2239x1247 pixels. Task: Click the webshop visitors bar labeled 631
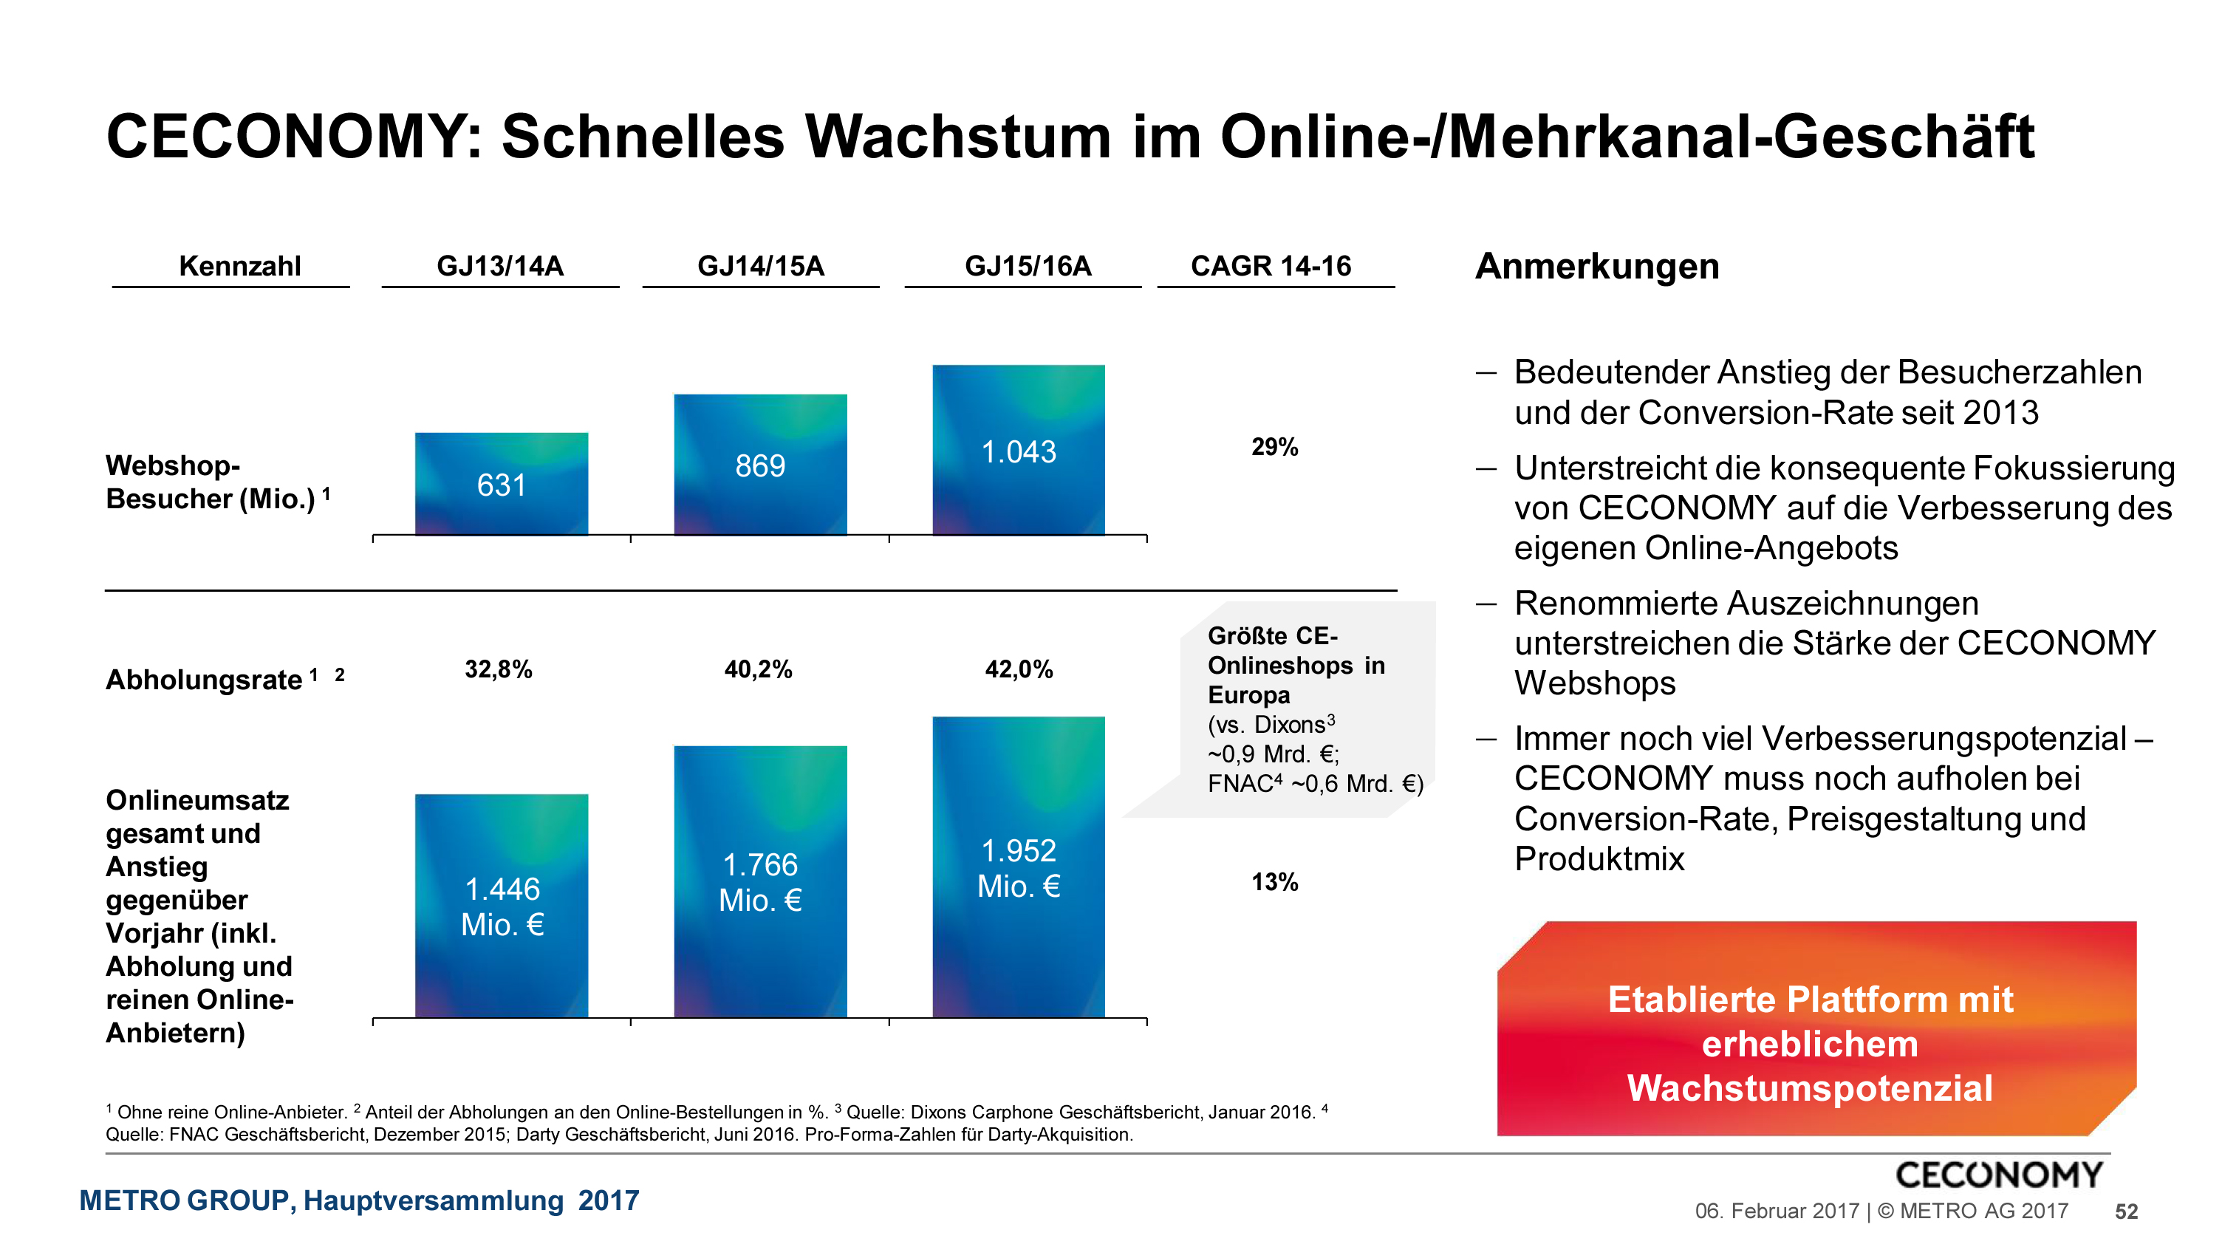(x=502, y=484)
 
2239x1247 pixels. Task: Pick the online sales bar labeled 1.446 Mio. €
(x=502, y=906)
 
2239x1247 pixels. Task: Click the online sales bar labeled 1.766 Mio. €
(x=761, y=881)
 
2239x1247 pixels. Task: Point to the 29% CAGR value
(x=1274, y=447)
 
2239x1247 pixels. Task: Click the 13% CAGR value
(x=1274, y=882)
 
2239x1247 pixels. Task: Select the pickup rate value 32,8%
(x=498, y=669)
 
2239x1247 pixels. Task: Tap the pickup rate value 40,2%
(x=758, y=669)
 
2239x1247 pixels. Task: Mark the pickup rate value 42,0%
(x=1019, y=669)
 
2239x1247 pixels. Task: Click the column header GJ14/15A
(x=761, y=266)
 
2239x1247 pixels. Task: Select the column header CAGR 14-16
(x=1271, y=266)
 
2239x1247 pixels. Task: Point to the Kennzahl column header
(x=240, y=266)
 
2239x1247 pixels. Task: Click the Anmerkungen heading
(x=1596, y=266)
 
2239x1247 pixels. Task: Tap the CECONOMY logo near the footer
(x=1998, y=1174)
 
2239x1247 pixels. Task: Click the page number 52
(x=2126, y=1212)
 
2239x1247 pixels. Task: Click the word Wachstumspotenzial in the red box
(x=1810, y=1088)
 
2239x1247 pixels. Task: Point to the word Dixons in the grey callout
(x=1289, y=725)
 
